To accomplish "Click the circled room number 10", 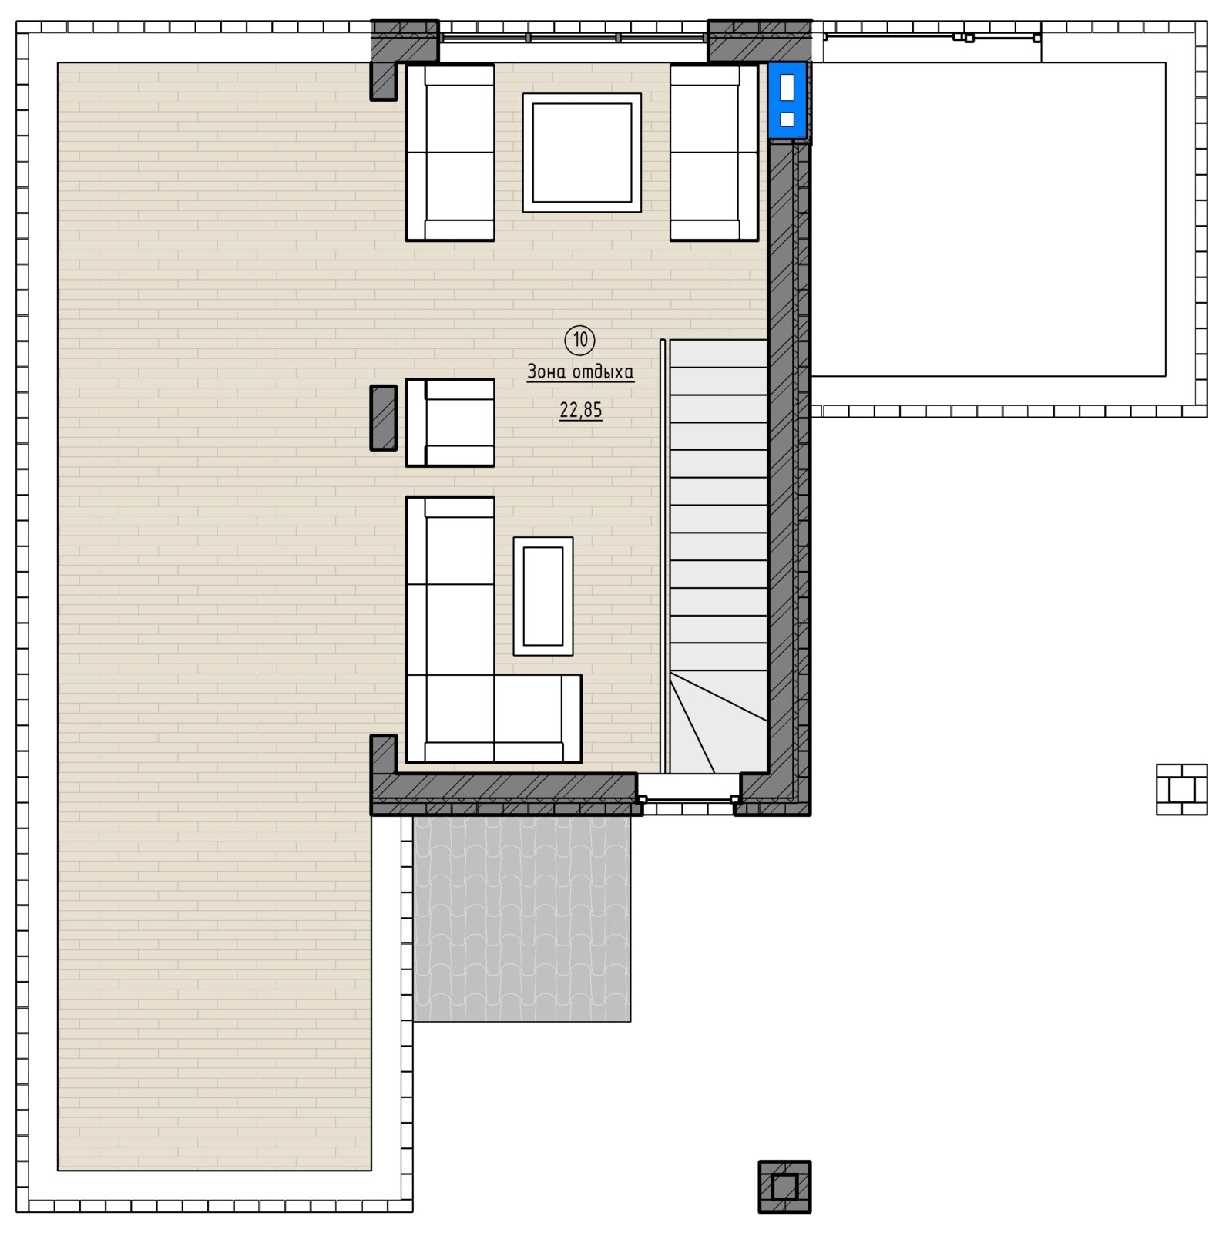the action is click(x=580, y=339).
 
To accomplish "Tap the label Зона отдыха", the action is click(x=580, y=372).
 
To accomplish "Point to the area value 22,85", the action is click(x=581, y=411).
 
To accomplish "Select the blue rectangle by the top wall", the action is click(x=787, y=100).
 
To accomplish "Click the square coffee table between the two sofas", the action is click(x=582, y=153).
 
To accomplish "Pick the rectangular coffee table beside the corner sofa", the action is click(x=543, y=596).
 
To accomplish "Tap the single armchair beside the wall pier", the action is click(x=450, y=422).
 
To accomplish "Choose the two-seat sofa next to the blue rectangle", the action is click(x=714, y=153).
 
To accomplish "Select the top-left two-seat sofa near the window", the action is click(x=450, y=153).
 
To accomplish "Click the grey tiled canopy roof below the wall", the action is click(x=522, y=919).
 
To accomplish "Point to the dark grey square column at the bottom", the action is click(x=784, y=1187).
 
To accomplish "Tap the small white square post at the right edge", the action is click(x=1181, y=789).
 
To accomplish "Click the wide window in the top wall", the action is click(x=573, y=37).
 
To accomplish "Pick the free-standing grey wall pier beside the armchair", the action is click(x=384, y=418).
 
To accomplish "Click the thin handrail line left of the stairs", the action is click(x=663, y=556).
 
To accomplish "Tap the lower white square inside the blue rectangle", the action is click(x=787, y=119).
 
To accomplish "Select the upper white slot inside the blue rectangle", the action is click(x=787, y=88).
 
